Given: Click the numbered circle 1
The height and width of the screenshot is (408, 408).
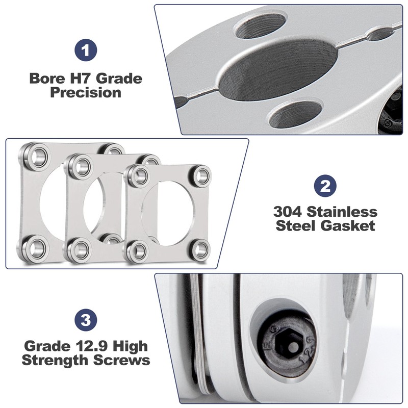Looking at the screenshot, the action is (x=86, y=50).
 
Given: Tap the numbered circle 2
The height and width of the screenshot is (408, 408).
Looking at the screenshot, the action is (x=325, y=186).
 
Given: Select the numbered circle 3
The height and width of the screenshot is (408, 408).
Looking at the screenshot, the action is (x=86, y=320).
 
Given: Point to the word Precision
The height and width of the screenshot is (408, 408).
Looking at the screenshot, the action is (x=86, y=93).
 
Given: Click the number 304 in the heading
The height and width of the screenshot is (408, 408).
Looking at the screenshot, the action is (x=288, y=212).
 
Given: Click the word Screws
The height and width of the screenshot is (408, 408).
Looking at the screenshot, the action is (x=122, y=361).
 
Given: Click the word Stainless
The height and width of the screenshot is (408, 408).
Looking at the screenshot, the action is (x=342, y=212).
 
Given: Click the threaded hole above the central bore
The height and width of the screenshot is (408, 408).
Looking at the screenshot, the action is (x=260, y=25).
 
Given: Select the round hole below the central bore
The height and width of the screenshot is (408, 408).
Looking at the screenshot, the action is (x=295, y=114).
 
